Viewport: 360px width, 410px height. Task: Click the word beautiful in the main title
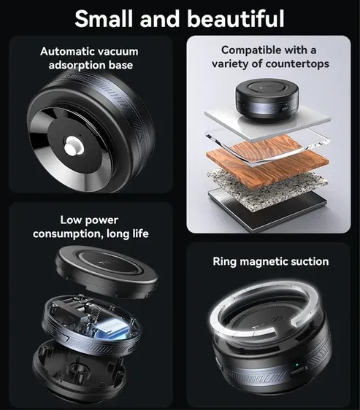tap(236, 18)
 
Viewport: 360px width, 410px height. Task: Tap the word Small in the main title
tap(104, 18)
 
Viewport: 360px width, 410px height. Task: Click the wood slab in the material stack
tap(267, 160)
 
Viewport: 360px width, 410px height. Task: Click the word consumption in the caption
tap(67, 233)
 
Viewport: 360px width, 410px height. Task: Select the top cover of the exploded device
tap(107, 272)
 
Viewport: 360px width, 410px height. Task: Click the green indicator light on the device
tap(296, 365)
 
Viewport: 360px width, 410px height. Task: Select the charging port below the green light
tap(298, 371)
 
